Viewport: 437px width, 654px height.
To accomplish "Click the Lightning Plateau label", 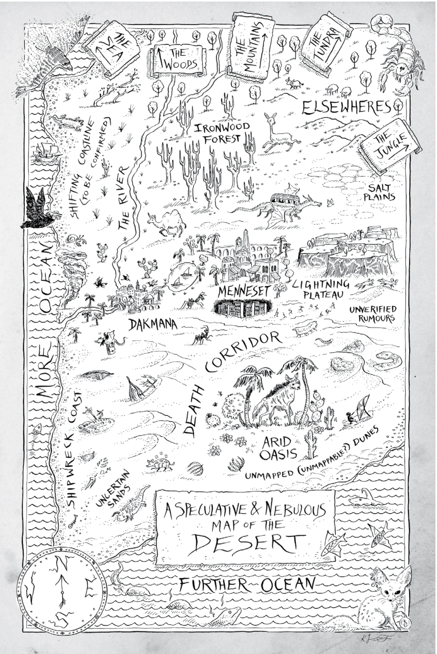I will pyautogui.click(x=320, y=288).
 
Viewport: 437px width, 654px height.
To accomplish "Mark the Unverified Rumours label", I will pyautogui.click(x=373, y=314).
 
